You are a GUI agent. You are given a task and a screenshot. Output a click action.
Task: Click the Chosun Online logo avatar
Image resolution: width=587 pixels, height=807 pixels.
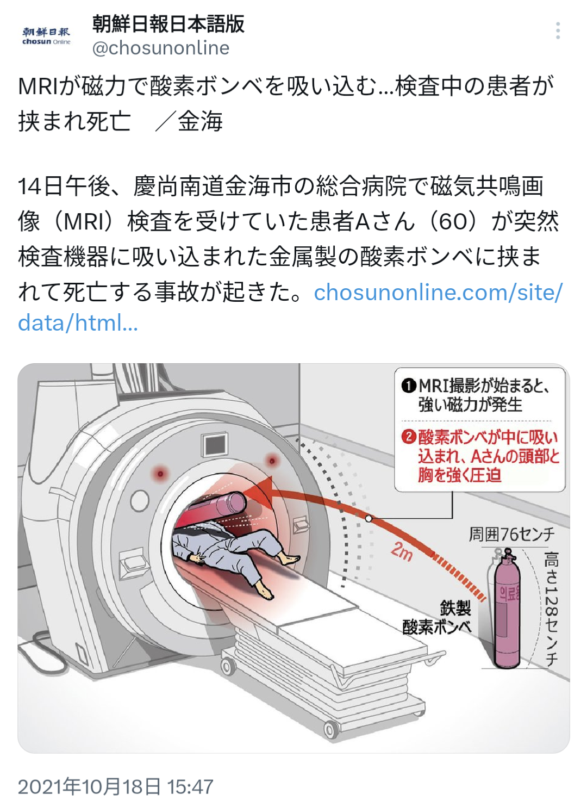(46, 36)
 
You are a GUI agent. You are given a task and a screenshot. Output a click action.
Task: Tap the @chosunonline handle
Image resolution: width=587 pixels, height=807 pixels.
(161, 48)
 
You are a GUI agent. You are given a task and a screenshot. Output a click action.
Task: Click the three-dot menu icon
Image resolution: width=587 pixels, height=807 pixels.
(558, 31)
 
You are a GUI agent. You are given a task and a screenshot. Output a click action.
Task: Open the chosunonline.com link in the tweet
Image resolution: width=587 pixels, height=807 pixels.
(438, 293)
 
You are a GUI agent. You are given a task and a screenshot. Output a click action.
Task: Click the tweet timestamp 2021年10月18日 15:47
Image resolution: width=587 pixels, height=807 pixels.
(116, 786)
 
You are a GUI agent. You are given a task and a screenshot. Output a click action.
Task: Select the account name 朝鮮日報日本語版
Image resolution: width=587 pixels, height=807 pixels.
(168, 23)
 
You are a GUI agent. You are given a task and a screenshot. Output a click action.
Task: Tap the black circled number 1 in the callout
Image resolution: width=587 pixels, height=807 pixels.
(408, 386)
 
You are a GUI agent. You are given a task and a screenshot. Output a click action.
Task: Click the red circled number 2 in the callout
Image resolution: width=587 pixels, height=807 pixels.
(409, 437)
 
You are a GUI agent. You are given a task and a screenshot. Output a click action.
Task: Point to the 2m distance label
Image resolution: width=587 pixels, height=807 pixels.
(402, 551)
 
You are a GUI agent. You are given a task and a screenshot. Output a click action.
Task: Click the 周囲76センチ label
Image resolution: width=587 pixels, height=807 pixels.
(511, 534)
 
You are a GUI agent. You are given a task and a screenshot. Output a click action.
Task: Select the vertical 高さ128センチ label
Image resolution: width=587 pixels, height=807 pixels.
(551, 609)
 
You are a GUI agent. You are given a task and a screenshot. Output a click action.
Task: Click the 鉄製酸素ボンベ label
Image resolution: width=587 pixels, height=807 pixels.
(438, 617)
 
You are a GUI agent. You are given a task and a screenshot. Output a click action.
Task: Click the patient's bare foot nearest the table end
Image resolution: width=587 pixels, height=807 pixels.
(265, 590)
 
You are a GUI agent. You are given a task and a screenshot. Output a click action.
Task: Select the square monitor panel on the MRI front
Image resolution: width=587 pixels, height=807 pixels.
(215, 445)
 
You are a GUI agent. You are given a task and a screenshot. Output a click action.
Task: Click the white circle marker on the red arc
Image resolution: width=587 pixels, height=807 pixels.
(369, 518)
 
